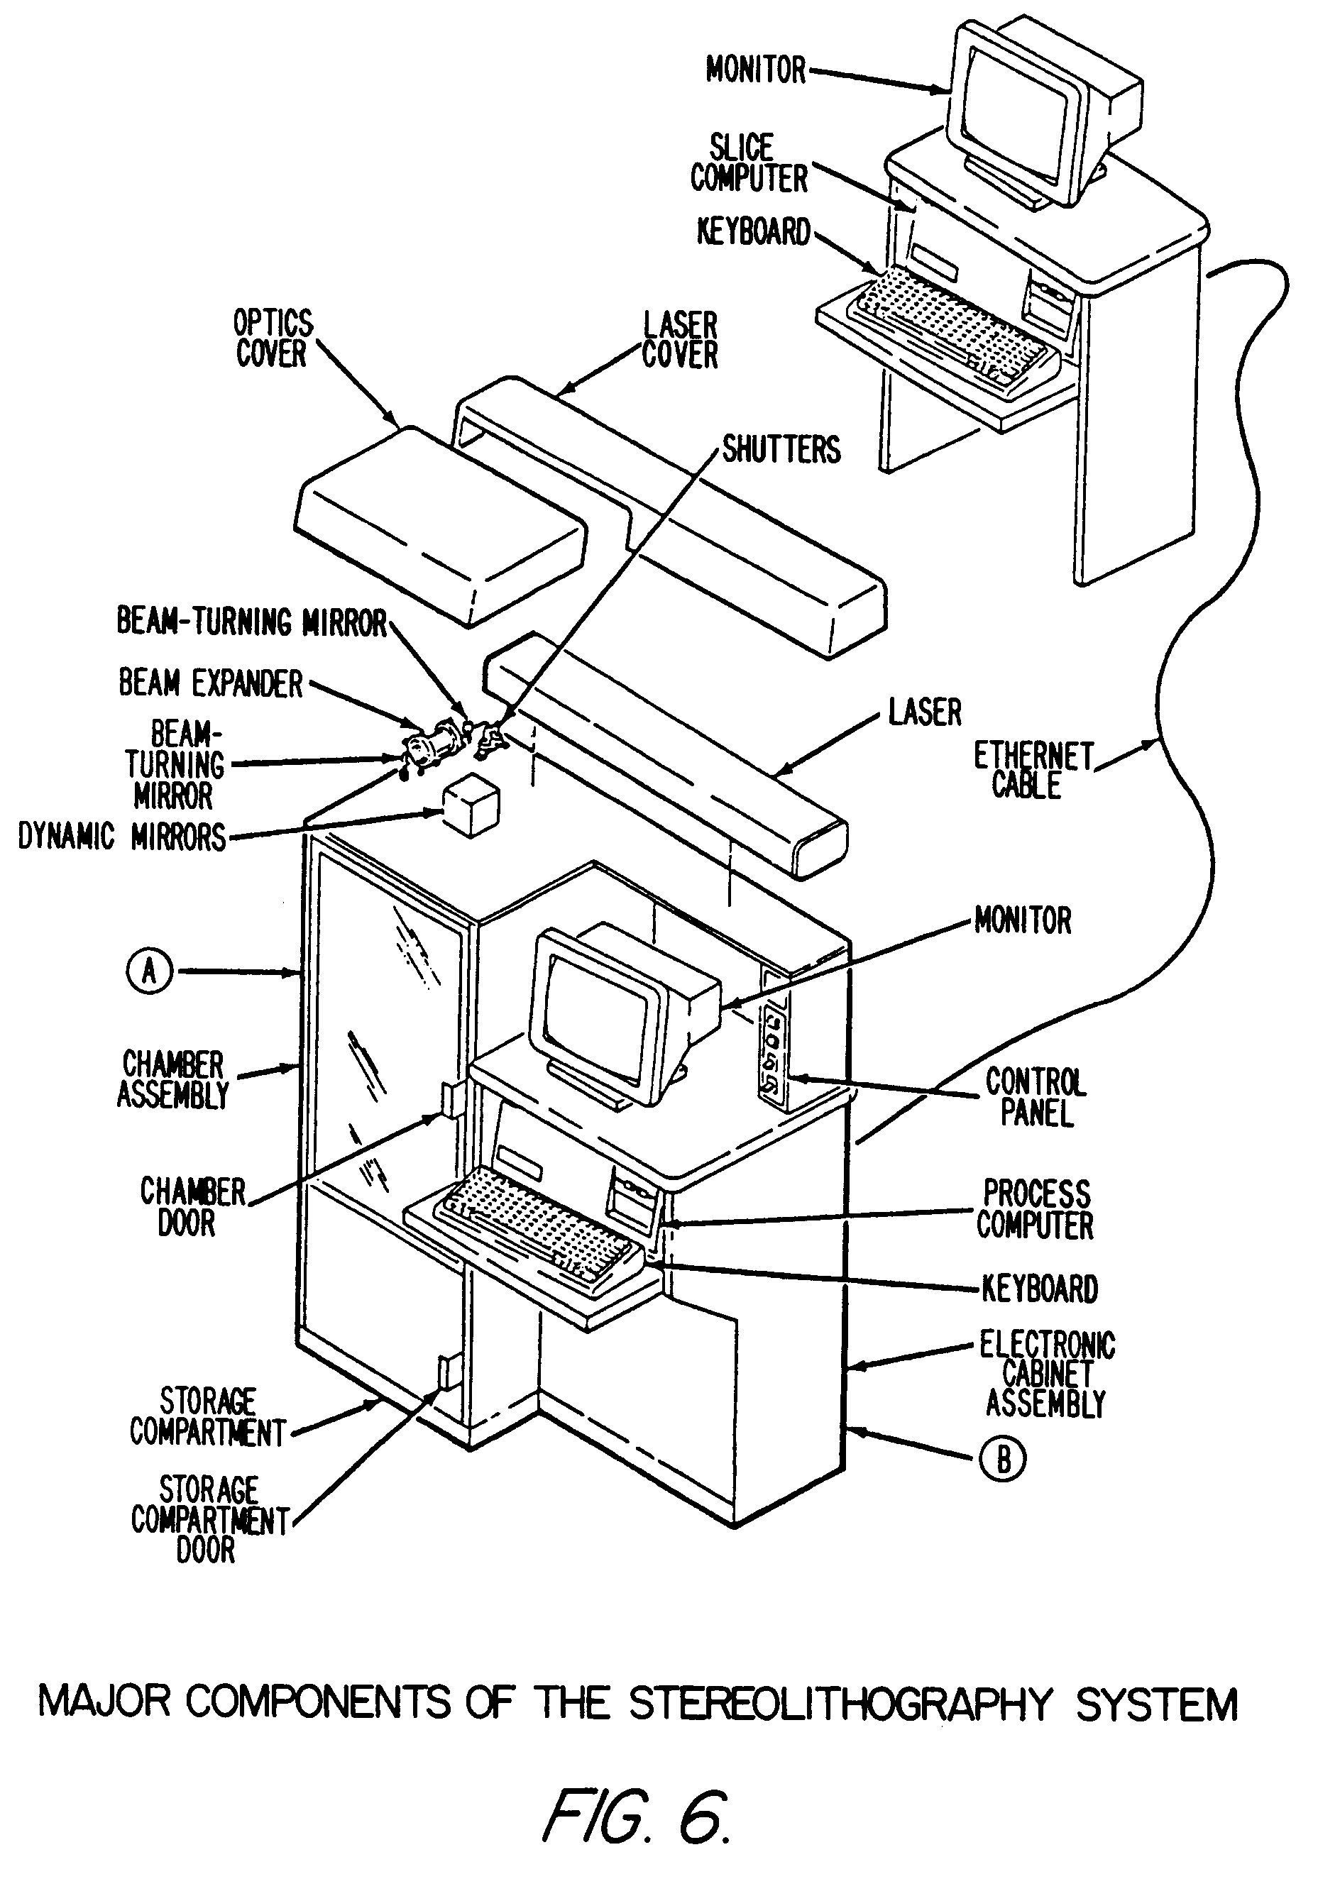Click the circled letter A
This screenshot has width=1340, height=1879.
tap(149, 971)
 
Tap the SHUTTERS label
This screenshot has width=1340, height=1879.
tap(781, 451)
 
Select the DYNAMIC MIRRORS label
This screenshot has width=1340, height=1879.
tap(122, 837)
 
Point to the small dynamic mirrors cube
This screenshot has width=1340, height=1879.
tap(471, 808)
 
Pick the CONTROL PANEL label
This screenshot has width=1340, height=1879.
tap(1036, 1097)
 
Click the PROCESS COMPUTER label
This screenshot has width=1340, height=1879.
tap(1035, 1209)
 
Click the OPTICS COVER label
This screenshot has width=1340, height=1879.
tap(273, 338)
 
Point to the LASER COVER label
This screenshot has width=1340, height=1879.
tap(680, 340)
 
